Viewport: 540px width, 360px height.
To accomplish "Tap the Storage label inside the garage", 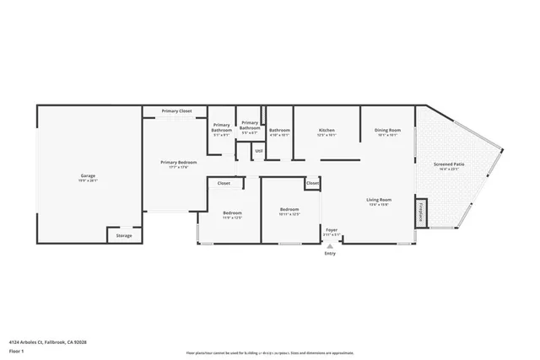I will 124,236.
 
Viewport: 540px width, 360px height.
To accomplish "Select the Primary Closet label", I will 177,110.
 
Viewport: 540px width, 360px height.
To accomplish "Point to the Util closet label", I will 259,151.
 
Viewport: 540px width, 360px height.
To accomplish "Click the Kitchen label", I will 327,130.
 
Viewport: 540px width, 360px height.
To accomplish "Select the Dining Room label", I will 387,130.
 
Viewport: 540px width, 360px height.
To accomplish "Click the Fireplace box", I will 420,211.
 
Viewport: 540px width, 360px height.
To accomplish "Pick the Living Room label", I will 378,200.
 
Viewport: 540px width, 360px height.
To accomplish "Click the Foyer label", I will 332,229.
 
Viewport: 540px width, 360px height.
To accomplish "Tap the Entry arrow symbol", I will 330,245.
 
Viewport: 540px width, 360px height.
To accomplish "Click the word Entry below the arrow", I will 330,253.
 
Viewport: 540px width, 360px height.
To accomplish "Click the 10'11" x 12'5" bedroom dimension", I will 289,214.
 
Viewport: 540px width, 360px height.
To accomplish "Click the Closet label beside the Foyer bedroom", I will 312,183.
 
